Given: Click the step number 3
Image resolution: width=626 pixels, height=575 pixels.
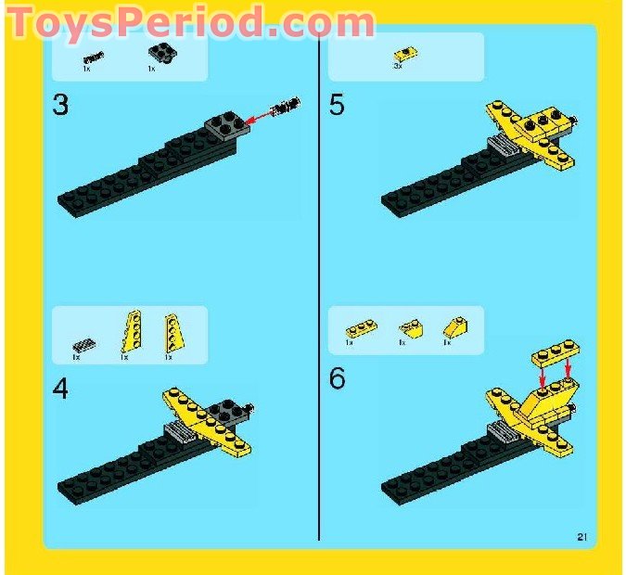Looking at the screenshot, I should (x=60, y=105).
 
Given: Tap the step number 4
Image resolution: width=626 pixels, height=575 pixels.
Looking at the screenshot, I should (x=60, y=390).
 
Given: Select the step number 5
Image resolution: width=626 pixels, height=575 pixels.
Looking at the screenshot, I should (x=337, y=105).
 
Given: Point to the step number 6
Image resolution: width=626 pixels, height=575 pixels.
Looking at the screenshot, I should (x=337, y=378).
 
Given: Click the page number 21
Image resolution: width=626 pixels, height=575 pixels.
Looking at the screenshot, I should (x=582, y=535).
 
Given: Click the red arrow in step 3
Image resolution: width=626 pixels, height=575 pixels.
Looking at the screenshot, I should (x=262, y=115).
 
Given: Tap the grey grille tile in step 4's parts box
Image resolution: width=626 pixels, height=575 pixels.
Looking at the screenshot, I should (x=82, y=345).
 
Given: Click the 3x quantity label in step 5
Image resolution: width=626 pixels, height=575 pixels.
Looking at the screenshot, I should (x=398, y=67).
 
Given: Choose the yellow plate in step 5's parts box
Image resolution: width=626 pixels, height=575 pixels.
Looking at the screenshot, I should (x=404, y=54).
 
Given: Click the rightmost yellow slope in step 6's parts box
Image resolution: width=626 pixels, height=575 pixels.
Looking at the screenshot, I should (x=455, y=326).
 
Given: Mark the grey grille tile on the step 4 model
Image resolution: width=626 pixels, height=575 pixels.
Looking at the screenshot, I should (x=175, y=429).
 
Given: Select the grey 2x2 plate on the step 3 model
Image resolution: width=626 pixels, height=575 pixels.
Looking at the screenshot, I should (x=226, y=124).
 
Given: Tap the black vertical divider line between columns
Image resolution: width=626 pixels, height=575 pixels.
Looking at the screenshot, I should (x=318, y=278).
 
